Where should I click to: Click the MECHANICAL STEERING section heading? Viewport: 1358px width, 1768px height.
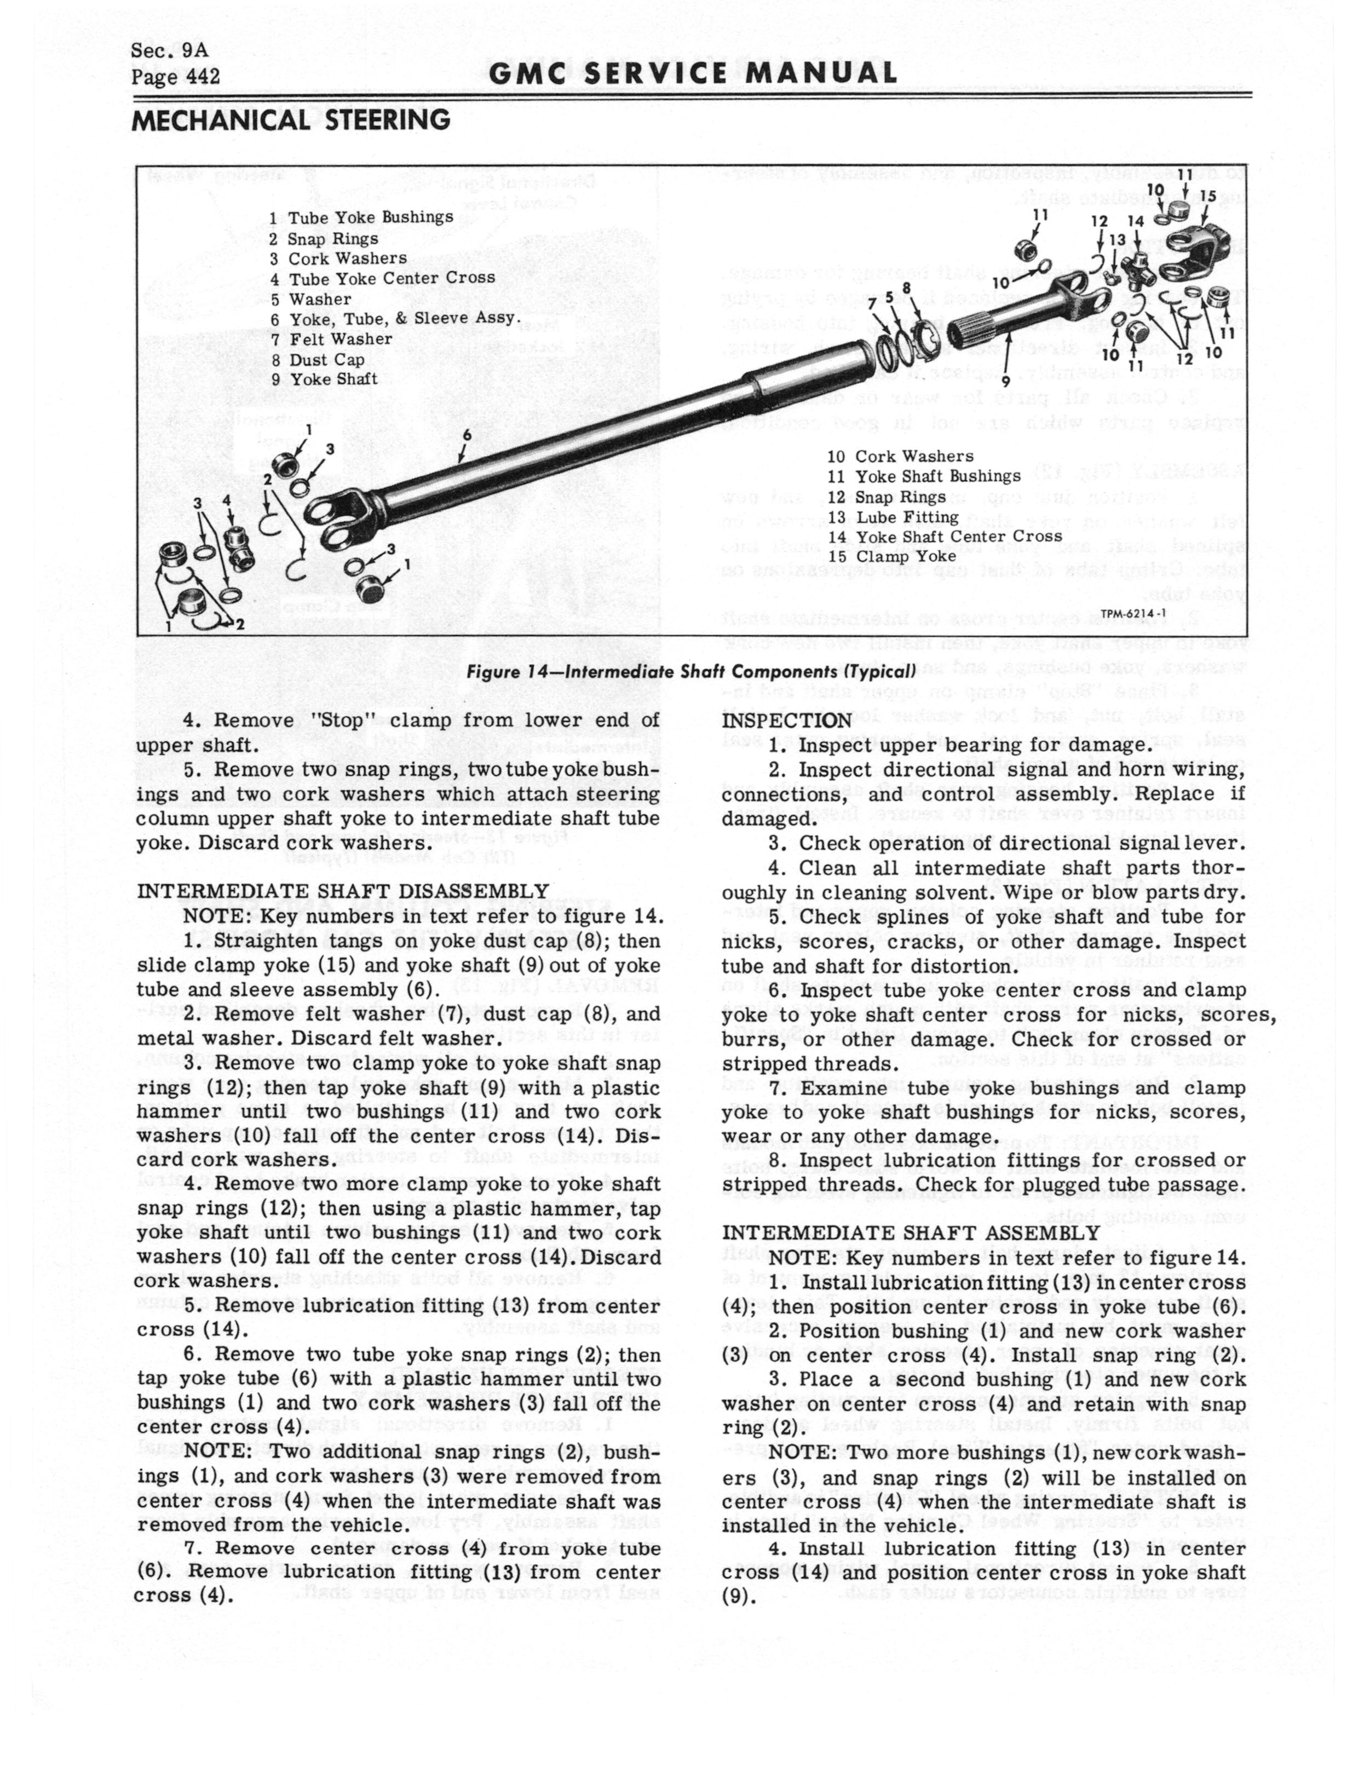pyautogui.click(x=291, y=119)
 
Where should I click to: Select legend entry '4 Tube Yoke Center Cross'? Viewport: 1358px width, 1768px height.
pyautogui.click(x=382, y=278)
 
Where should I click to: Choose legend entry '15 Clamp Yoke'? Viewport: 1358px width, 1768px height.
pyautogui.click(x=891, y=557)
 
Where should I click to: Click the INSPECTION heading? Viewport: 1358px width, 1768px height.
pyautogui.click(x=786, y=720)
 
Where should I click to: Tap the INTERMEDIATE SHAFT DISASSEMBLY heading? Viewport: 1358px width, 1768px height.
pyautogui.click(x=343, y=891)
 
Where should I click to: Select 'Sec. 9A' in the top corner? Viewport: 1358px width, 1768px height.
pyautogui.click(x=169, y=50)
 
